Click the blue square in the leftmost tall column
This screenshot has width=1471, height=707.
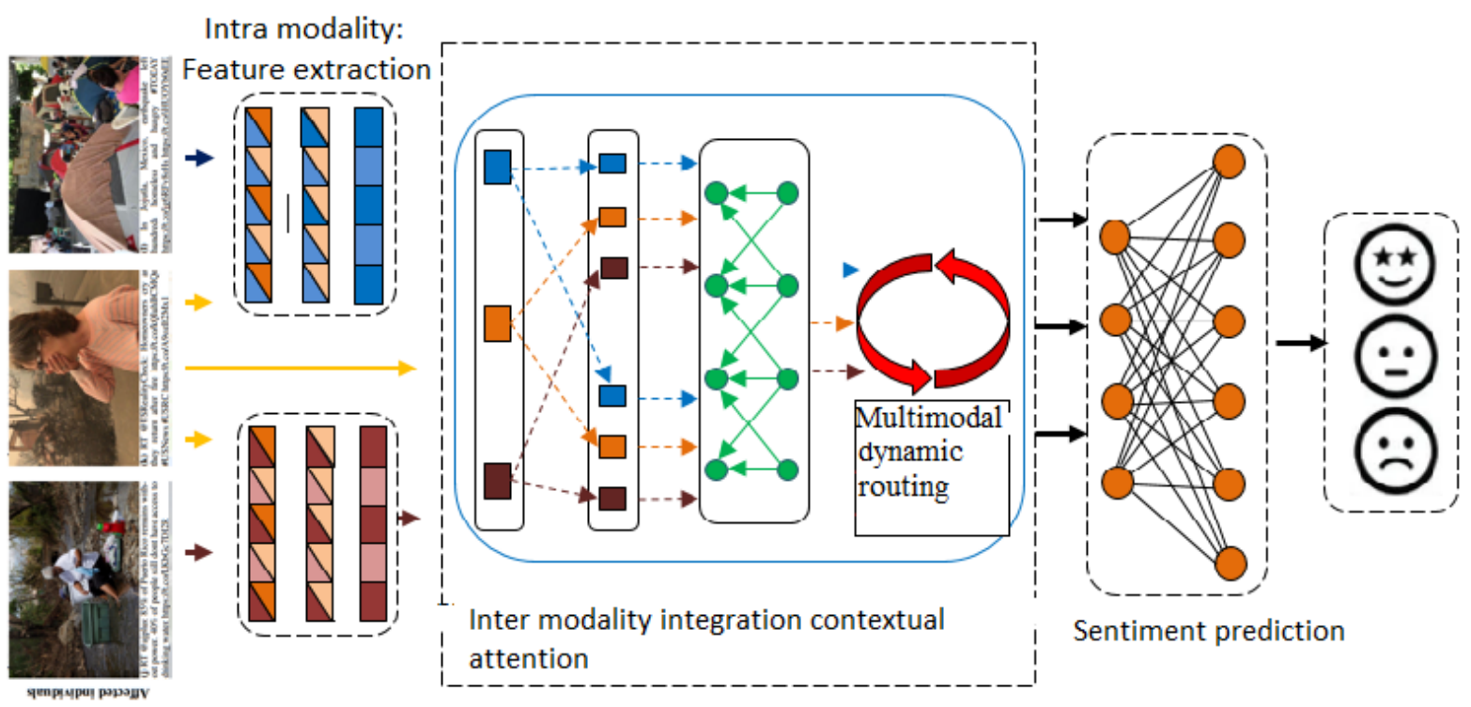(x=497, y=166)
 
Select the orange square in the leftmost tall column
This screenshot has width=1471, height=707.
(x=497, y=324)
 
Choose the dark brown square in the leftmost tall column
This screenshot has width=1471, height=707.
(x=497, y=481)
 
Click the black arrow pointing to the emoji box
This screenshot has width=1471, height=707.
(x=1301, y=343)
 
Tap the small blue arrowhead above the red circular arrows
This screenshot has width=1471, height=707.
(x=849, y=270)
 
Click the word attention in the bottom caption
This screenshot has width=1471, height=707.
(x=528, y=658)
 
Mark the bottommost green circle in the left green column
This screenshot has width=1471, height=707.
(x=716, y=469)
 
